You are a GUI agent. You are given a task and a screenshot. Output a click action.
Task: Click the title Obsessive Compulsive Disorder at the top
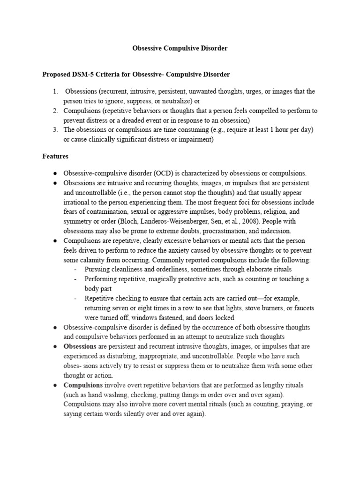(180, 49)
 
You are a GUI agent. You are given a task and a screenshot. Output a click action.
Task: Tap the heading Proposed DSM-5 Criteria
(136, 75)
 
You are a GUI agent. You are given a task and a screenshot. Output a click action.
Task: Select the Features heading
(55, 156)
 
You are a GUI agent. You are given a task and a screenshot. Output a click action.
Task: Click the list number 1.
(55, 91)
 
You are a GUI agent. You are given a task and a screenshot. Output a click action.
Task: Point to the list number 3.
(55, 129)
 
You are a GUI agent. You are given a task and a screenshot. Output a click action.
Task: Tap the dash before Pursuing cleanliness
(76, 270)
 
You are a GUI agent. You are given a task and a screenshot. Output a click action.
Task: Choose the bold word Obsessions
(79, 346)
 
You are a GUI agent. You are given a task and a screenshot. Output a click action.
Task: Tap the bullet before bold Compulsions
(55, 385)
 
